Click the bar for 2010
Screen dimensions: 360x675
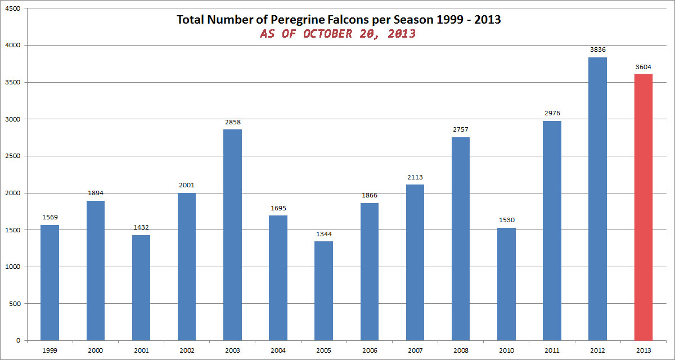click(x=506, y=283)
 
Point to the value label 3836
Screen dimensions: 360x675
click(x=597, y=50)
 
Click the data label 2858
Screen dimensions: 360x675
click(x=232, y=122)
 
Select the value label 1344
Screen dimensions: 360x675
click(x=323, y=234)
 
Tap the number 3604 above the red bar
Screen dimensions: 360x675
click(x=643, y=67)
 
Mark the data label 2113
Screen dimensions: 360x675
click(x=415, y=177)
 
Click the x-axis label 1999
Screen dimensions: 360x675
click(x=49, y=349)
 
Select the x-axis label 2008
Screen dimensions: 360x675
click(x=460, y=349)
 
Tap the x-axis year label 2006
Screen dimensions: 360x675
click(x=369, y=349)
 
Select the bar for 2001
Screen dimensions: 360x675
click(x=141, y=287)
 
